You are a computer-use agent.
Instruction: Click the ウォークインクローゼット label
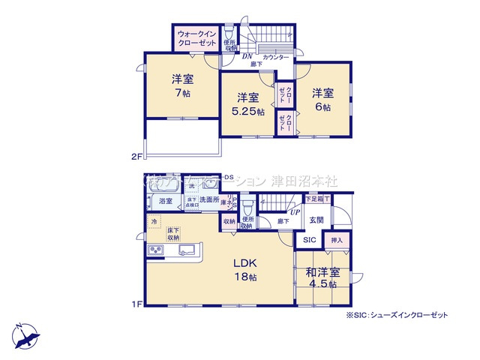coord(196,37)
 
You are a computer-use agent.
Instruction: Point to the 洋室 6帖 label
coord(322,99)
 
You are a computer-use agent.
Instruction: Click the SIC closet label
coord(309,240)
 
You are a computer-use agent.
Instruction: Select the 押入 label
coord(336,241)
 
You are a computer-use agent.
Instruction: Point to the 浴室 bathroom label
coord(165,201)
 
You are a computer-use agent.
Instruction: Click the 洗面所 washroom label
coord(209,200)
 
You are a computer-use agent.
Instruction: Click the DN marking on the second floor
coord(245,55)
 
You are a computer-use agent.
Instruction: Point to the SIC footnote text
coord(397,316)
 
